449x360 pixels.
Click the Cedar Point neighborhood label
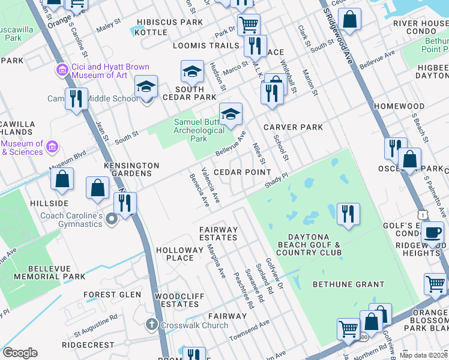point(242,172)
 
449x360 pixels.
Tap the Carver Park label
point(293,127)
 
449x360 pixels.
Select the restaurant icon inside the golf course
point(348,215)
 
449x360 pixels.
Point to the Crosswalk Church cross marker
point(152,325)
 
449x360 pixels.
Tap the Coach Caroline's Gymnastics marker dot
point(111,220)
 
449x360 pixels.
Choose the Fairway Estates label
point(218,233)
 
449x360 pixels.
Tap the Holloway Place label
point(179,254)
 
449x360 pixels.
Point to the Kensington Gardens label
point(131,169)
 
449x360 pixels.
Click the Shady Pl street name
point(277,179)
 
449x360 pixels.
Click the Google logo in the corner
point(20,353)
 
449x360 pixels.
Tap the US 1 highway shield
point(424,214)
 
